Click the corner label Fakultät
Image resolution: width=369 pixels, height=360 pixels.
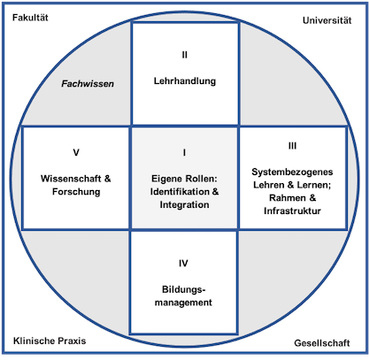(30, 18)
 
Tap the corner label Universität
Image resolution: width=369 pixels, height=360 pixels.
(327, 20)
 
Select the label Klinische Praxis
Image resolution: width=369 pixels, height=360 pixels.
(50, 341)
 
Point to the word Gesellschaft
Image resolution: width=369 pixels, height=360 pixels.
(322, 343)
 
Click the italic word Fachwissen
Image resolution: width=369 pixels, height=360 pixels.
(88, 84)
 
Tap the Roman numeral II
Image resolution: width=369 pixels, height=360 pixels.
(184, 55)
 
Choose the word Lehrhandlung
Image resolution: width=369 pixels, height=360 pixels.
(185, 80)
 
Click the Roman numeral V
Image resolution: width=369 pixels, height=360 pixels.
(76, 152)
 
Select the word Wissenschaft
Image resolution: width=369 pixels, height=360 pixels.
(71, 179)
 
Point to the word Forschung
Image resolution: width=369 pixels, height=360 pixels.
(76, 191)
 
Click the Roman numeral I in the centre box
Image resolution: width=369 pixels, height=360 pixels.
(184, 152)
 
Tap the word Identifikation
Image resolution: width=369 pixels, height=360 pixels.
(180, 191)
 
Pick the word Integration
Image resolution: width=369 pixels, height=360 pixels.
(184, 204)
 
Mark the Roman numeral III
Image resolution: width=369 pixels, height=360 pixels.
(292, 146)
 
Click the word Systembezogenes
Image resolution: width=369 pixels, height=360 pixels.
(292, 172)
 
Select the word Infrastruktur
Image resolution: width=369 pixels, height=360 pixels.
(292, 211)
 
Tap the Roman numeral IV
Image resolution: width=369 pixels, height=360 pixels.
(183, 263)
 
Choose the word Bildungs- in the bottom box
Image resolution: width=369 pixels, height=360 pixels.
(183, 289)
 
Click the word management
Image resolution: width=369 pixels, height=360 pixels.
(183, 303)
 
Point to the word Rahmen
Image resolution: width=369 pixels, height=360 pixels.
(288, 198)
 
